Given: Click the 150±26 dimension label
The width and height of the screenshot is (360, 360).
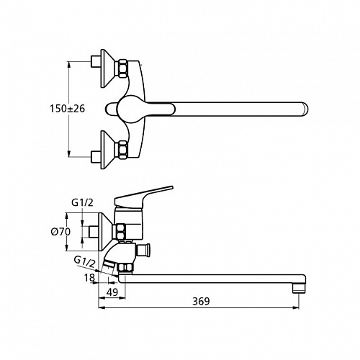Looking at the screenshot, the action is click(x=67, y=109).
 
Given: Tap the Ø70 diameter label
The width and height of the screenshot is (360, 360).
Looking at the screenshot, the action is click(x=60, y=232).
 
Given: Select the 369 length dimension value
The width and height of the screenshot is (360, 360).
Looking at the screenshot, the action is click(x=201, y=302).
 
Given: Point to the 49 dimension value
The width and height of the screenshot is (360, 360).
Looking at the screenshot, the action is click(x=112, y=292).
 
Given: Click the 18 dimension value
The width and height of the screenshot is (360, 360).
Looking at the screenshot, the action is click(x=89, y=278).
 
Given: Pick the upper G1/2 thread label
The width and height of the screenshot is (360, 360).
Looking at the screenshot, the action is click(x=82, y=203).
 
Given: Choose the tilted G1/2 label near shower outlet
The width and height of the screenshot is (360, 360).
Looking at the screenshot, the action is click(x=84, y=262).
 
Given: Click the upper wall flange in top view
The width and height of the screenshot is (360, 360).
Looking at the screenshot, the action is click(x=107, y=68).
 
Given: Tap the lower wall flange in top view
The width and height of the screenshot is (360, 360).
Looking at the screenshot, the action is click(x=107, y=150).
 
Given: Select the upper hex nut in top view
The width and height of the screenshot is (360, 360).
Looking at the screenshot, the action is click(x=122, y=69).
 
